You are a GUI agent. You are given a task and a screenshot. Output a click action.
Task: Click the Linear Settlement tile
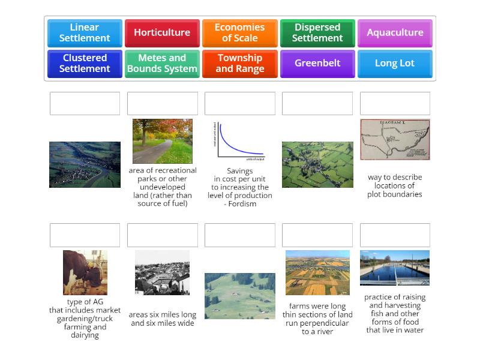coord(85,33)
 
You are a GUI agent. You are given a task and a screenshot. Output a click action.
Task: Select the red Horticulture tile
coord(162,33)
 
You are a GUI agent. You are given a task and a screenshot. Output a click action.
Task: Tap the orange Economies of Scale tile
coord(239,33)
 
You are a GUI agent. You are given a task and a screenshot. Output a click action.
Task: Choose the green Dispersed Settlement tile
coord(317,33)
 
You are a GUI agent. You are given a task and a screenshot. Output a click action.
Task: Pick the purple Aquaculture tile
coord(395,33)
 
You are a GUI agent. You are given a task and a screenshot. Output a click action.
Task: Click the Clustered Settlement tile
coord(85,63)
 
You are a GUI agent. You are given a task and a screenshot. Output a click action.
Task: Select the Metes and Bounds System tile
coord(162,63)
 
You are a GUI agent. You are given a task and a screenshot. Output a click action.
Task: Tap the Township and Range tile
coord(239,63)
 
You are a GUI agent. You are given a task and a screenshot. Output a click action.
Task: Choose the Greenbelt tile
coord(317,63)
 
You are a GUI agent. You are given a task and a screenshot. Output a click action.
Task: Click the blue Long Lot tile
coord(395,63)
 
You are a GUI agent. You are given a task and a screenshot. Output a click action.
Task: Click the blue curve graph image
coord(239,142)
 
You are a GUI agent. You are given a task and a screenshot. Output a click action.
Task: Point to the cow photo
coord(85,272)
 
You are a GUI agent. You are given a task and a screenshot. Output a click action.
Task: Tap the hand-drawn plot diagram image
coord(395,139)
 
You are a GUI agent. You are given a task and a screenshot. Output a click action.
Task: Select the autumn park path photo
coord(162,141)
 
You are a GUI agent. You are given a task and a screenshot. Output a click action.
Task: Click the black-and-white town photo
coord(162,272)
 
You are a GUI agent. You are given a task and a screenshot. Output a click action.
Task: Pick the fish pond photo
coord(395,268)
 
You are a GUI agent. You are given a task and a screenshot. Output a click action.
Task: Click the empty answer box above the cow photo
coord(85,235)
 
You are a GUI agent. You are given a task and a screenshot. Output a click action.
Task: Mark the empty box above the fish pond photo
coord(395,235)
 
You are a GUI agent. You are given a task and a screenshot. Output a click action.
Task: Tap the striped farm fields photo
coord(317,272)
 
